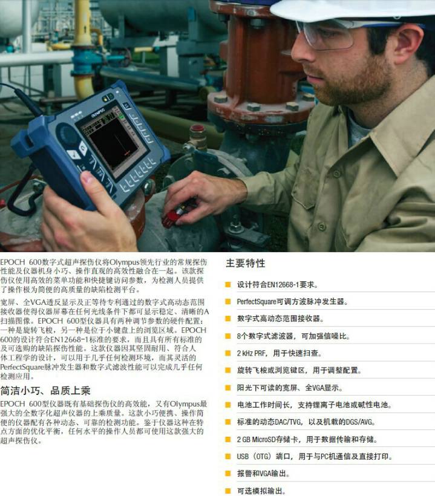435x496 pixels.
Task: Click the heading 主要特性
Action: pos(246,263)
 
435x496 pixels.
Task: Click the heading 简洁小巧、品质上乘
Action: pos(45,391)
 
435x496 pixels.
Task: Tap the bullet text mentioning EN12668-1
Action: pos(278,285)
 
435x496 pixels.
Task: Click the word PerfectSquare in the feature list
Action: pos(257,302)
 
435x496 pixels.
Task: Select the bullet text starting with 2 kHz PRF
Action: pos(279,353)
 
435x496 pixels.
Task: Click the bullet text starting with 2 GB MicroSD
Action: pos(307,439)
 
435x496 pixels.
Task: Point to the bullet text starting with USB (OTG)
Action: pos(315,457)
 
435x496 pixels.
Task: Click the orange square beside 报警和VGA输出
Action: pos(227,474)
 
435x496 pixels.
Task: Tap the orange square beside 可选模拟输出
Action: pos(227,491)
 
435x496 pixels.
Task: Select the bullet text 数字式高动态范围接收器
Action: pos(280,319)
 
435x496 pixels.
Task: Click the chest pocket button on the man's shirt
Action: pos(322,226)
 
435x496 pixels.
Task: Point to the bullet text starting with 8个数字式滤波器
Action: pos(293,336)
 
